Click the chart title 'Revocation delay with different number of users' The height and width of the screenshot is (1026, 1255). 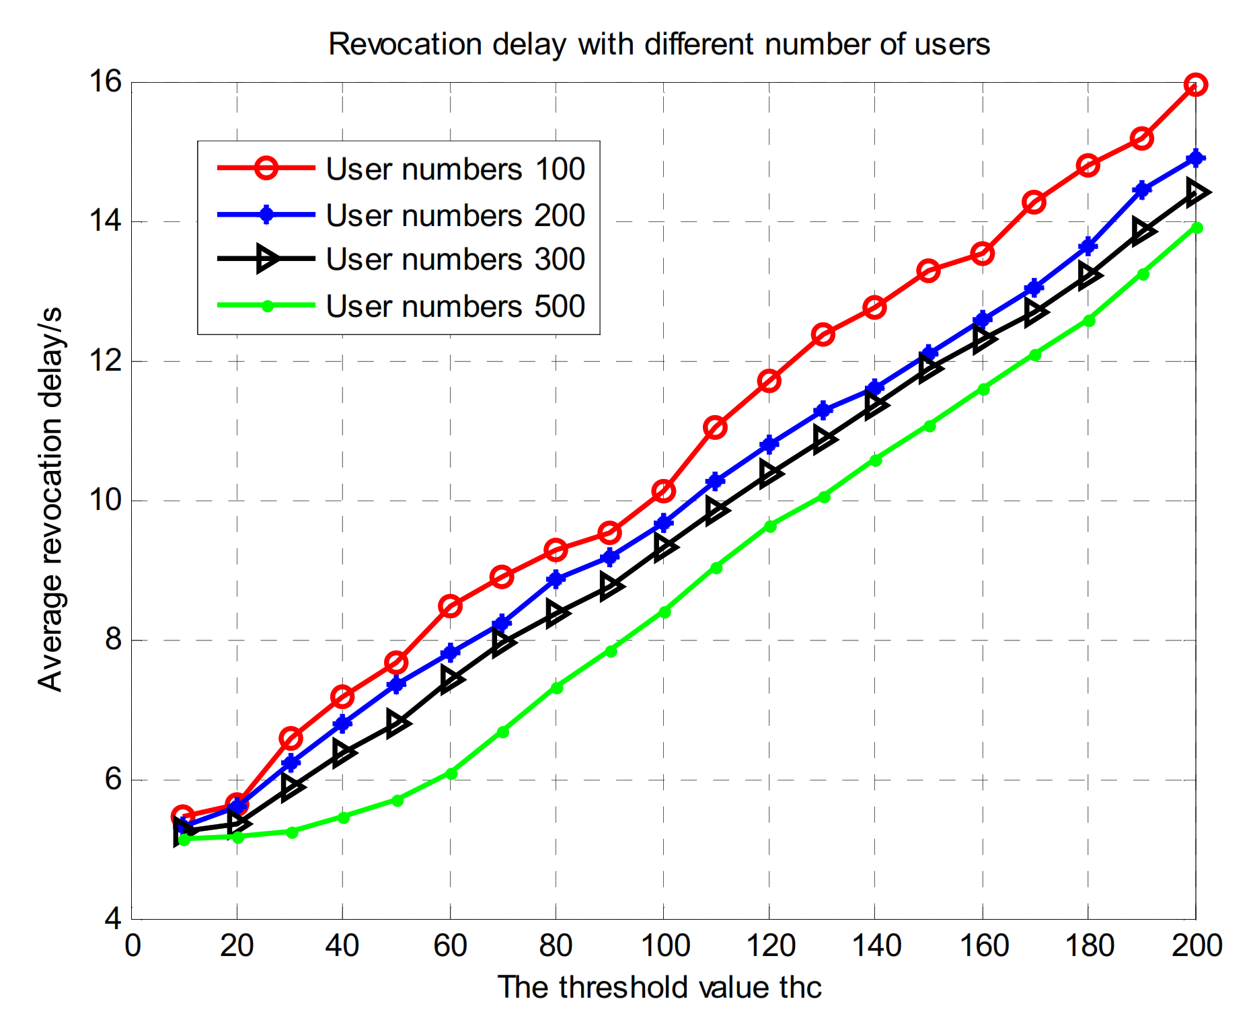click(659, 45)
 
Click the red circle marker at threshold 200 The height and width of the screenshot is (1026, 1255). click(1195, 85)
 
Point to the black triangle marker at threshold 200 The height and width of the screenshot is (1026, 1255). click(1196, 192)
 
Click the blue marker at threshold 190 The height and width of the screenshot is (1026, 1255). click(1142, 190)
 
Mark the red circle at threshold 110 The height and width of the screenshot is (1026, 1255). click(715, 427)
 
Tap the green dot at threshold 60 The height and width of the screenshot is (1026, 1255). click(451, 774)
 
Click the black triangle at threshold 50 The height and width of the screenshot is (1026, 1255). click(397, 723)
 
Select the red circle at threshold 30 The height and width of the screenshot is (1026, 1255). click(291, 739)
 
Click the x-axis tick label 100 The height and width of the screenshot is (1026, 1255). click(664, 946)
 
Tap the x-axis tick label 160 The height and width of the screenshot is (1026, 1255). click(983, 946)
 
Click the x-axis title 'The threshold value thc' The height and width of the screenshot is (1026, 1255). click(659, 988)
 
